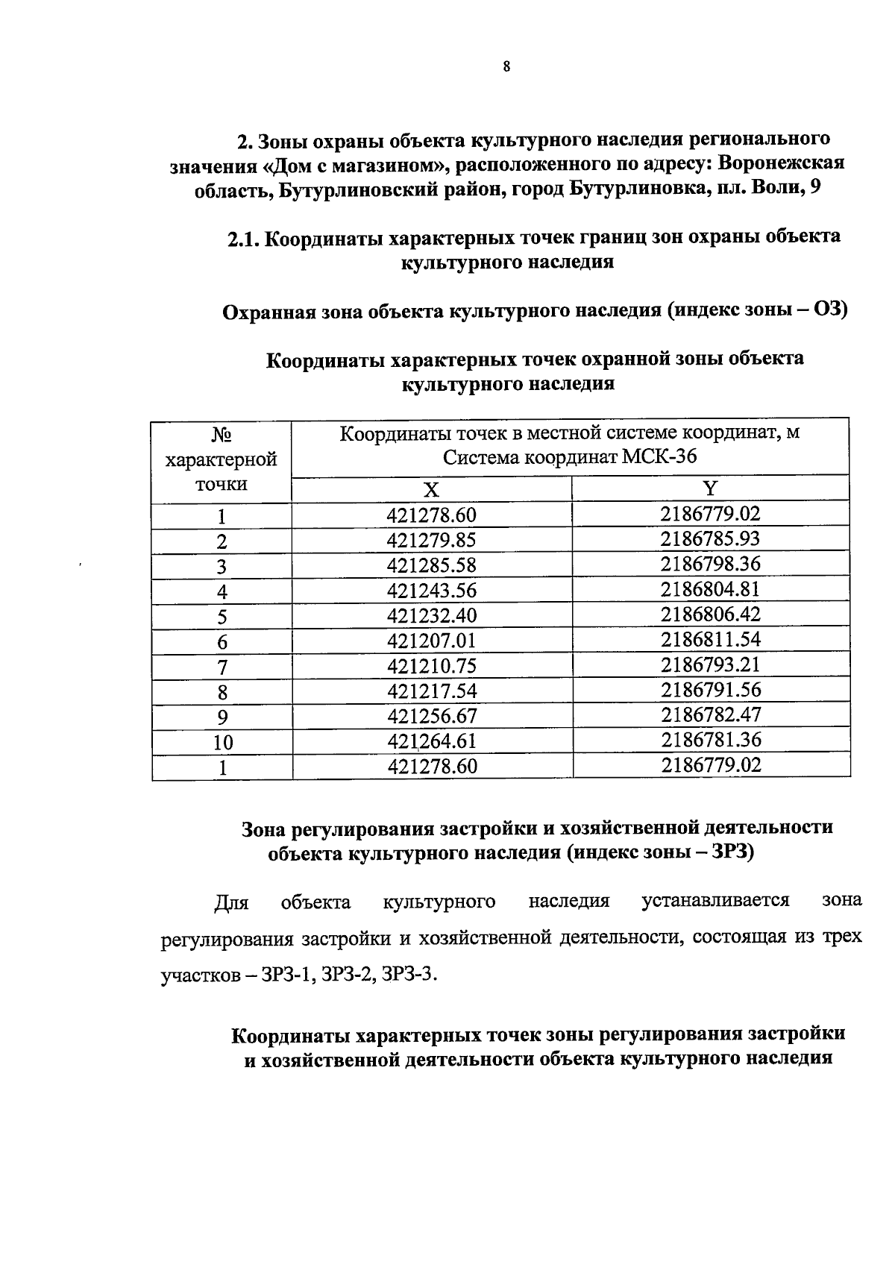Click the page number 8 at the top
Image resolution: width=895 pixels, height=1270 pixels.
[506, 66]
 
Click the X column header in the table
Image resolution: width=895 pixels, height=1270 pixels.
[431, 490]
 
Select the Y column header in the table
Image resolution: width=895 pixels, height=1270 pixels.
[710, 488]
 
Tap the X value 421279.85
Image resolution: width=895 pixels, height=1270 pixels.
[431, 541]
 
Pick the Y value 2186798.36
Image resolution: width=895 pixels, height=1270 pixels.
[710, 564]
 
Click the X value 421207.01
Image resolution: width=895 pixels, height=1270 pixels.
[431, 641]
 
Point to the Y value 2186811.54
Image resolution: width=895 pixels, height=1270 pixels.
[710, 639]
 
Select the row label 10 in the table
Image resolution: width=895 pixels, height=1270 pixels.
[222, 743]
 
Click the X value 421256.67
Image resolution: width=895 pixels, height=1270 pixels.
[431, 717]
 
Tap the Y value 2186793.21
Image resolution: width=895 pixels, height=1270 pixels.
[710, 664]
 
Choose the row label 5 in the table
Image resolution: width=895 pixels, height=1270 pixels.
[222, 617]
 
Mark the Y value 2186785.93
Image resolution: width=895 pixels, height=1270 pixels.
[710, 538]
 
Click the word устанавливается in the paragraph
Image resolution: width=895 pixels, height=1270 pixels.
[715, 901]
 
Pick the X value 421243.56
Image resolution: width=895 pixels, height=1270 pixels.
[431, 591]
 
